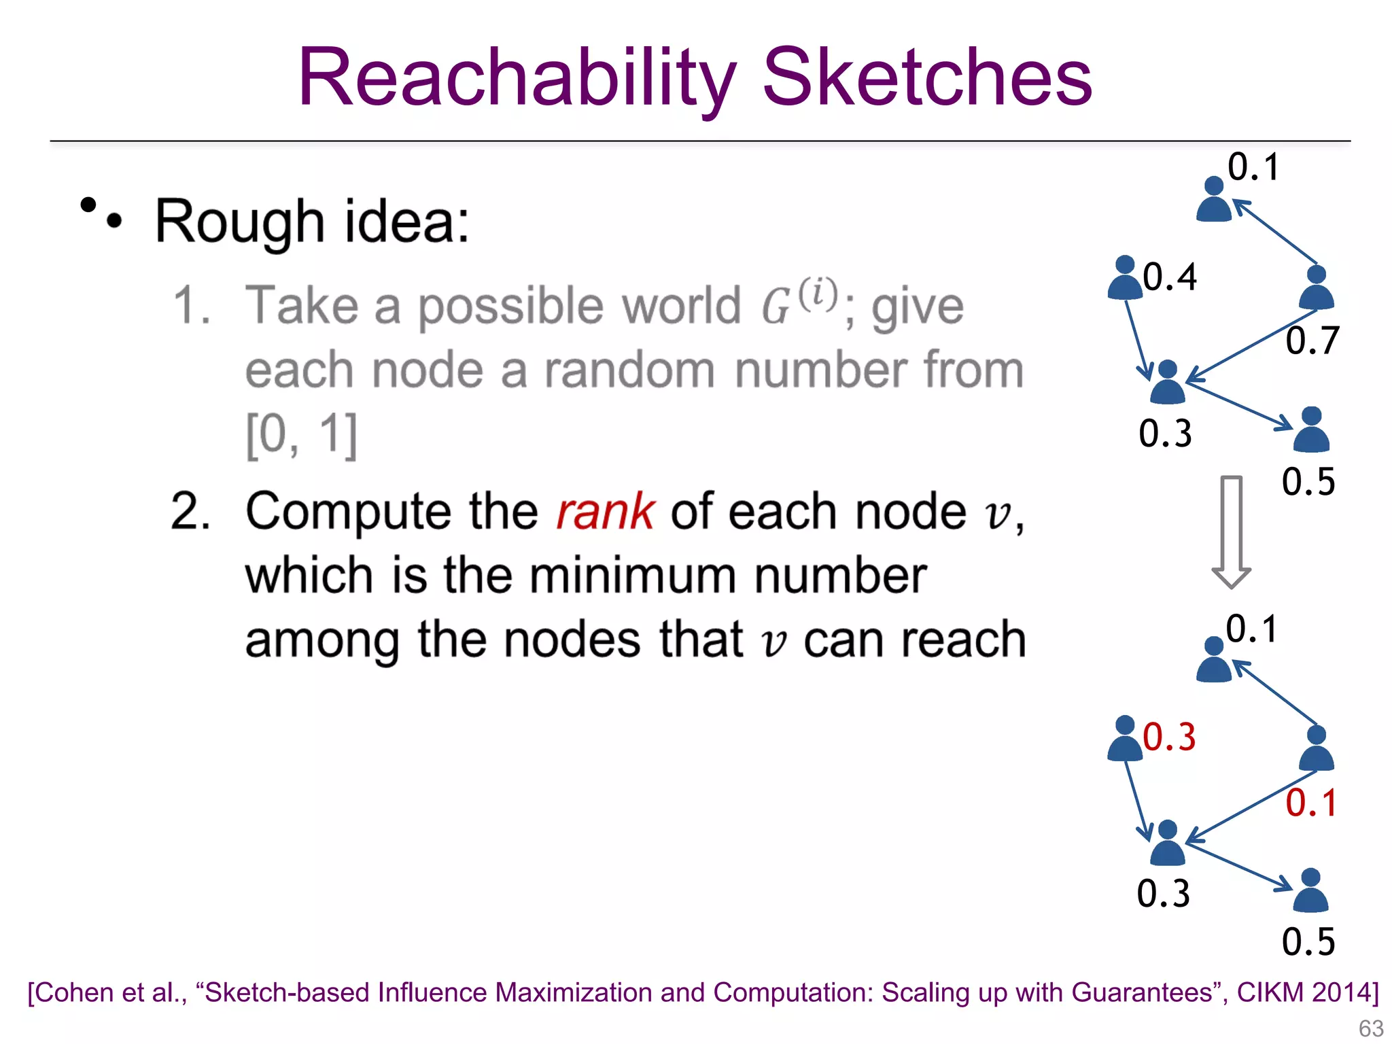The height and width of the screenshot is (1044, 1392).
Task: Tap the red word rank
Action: (x=604, y=511)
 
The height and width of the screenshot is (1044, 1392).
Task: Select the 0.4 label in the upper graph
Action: (x=1169, y=277)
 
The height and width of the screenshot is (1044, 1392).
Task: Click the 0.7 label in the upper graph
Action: (x=1312, y=340)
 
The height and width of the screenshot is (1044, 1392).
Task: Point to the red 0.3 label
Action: (x=1169, y=737)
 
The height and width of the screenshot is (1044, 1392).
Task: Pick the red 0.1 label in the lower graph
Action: (x=1311, y=803)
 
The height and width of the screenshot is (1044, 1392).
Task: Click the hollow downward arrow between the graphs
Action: (x=1231, y=531)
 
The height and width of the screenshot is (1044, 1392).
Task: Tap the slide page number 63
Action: (x=1370, y=1028)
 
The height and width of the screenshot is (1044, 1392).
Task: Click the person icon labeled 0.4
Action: (x=1125, y=279)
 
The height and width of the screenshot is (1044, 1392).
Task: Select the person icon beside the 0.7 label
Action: (x=1316, y=288)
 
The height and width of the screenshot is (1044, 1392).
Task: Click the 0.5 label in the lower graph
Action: (x=1308, y=941)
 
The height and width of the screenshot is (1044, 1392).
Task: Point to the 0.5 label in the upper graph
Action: (x=1308, y=481)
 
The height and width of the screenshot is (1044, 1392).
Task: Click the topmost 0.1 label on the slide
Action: (x=1253, y=167)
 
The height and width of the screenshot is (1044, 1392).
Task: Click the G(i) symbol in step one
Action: (x=799, y=303)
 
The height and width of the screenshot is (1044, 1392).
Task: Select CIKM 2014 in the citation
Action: (x=1303, y=992)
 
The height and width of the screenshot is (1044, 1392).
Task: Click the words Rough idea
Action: (x=312, y=222)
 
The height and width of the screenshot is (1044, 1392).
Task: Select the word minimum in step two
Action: (x=632, y=576)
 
